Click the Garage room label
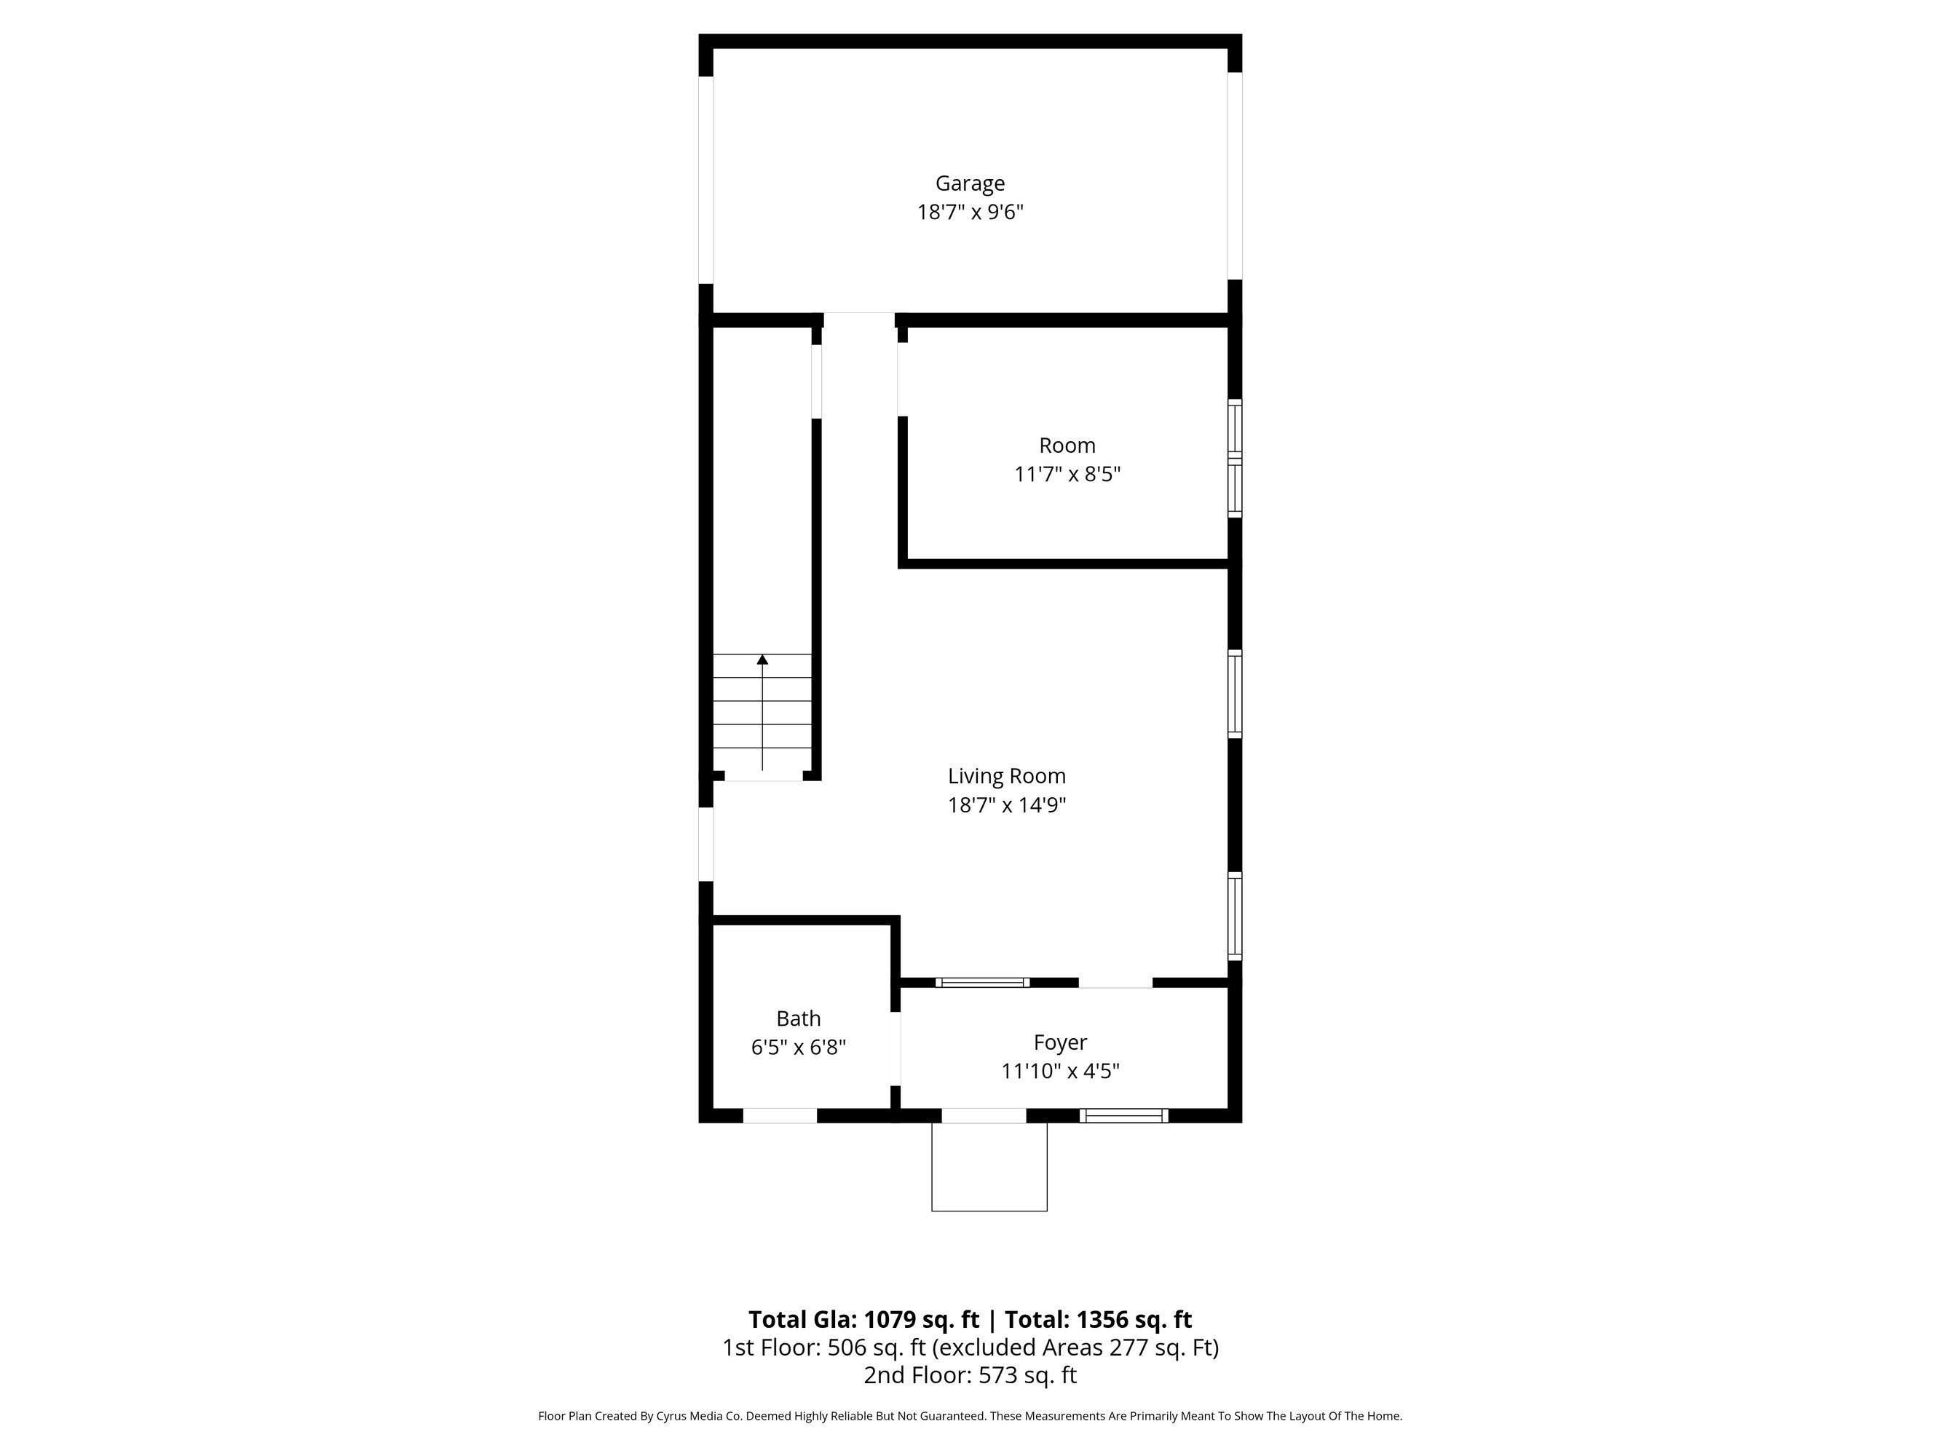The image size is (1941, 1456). pos(970,183)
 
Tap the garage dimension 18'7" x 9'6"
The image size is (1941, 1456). pos(970,213)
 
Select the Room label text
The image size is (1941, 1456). pos(1067,445)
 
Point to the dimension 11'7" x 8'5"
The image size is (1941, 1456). pos(1067,475)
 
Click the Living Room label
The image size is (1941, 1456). pos(1006,776)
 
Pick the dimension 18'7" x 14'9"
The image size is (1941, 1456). pos(1006,804)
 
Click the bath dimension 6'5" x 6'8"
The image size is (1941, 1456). pos(799,1047)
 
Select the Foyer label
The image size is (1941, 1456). pos(1060,1042)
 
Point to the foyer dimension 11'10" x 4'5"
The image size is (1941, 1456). pos(1060,1072)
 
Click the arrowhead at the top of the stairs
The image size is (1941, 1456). pos(762,659)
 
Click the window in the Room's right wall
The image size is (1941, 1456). pos(1235,458)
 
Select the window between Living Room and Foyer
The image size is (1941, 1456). pos(983,982)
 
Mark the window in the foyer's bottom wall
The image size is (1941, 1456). pos(1124,1115)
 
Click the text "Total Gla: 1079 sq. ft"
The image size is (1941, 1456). pos(863,1320)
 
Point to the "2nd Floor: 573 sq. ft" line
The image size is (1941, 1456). pos(970,1375)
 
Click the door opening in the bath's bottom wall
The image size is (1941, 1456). pos(780,1115)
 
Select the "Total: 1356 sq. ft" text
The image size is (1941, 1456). pos(1099,1320)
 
